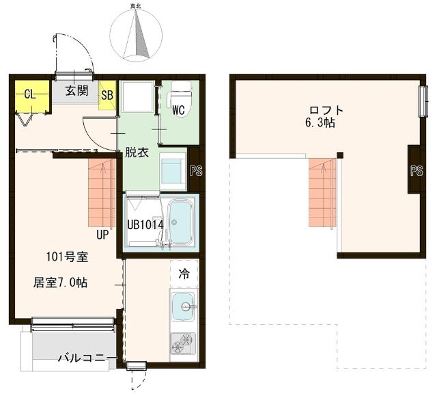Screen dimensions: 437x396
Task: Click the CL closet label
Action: click(30, 94)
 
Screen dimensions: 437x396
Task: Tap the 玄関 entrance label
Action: click(76, 91)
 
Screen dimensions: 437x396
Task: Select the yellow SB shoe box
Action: click(107, 95)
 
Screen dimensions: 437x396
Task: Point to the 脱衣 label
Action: click(137, 153)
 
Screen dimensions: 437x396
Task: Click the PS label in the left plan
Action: click(196, 171)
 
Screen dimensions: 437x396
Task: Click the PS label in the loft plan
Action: click(417, 171)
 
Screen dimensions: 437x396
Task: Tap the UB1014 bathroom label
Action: click(145, 225)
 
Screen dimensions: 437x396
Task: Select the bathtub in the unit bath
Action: click(182, 223)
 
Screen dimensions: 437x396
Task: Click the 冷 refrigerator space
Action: click(184, 274)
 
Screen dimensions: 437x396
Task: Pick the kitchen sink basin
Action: click(183, 306)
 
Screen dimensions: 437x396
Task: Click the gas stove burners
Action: click(183, 344)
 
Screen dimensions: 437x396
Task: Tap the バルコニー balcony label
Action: click(87, 358)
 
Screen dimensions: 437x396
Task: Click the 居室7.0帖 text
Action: click(61, 282)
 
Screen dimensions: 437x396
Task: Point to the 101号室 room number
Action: click(67, 257)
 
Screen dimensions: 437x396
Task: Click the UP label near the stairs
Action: click(102, 235)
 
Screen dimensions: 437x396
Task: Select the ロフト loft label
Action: click(326, 110)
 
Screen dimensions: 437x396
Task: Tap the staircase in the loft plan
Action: click(323, 193)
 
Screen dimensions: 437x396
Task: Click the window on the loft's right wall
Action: click(423, 102)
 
